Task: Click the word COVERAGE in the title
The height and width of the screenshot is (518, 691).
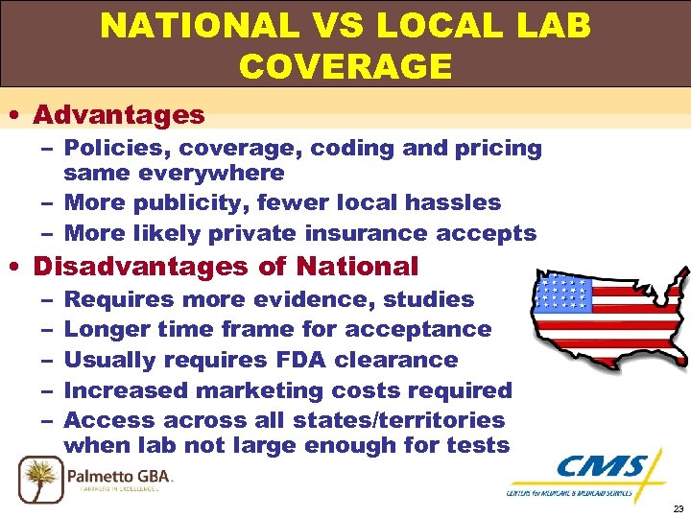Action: pyautogui.click(x=345, y=66)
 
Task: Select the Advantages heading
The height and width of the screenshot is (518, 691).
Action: pyautogui.click(x=119, y=115)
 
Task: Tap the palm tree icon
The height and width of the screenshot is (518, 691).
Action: pyautogui.click(x=40, y=477)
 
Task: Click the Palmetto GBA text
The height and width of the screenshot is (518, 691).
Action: pyautogui.click(x=119, y=473)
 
